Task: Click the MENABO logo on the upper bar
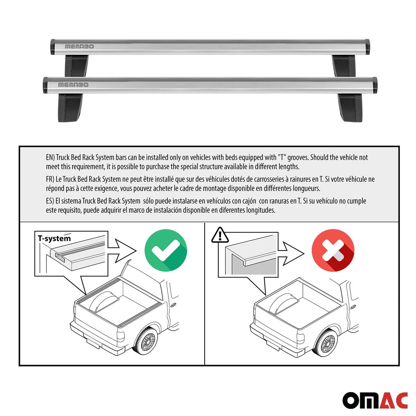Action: click(x=79, y=47)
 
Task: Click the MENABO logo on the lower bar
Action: click(x=73, y=85)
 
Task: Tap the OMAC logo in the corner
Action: click(x=375, y=400)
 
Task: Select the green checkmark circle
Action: click(x=166, y=250)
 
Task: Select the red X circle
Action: click(x=333, y=250)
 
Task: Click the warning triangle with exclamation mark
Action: click(x=220, y=235)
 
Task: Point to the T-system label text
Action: click(x=54, y=238)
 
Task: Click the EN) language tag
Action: click(x=50, y=157)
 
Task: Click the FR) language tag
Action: click(x=50, y=179)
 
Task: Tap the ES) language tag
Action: click(x=50, y=201)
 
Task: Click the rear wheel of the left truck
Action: click(x=147, y=341)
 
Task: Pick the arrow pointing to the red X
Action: click(x=291, y=253)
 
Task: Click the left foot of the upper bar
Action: click(x=76, y=66)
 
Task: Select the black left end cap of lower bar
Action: click(x=45, y=86)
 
